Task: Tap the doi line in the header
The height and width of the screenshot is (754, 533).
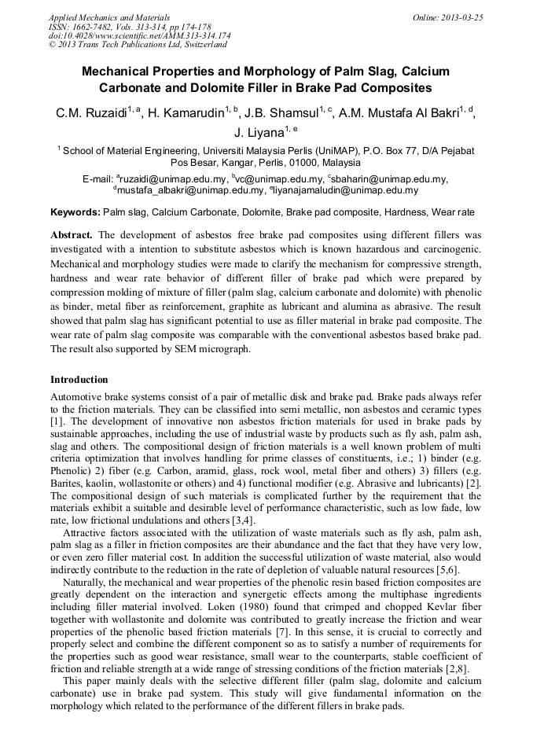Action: point(139,35)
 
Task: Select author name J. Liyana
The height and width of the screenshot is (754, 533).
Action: point(259,134)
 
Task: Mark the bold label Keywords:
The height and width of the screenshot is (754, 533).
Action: point(75,212)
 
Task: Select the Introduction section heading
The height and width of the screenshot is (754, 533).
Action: point(79,380)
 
